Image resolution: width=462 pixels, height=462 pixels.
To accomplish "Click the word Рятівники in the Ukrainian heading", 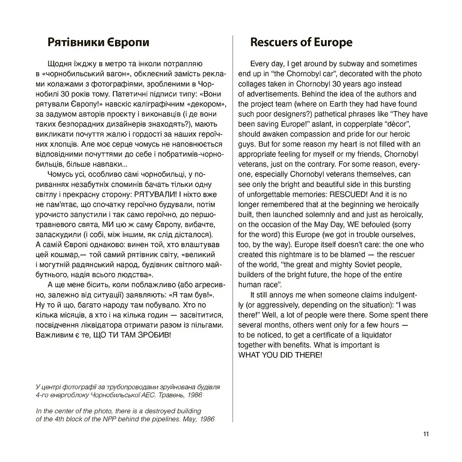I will point(72,42).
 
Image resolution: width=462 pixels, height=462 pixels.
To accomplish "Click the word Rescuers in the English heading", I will point(272,42).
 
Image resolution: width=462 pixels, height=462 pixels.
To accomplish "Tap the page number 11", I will point(426,434).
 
